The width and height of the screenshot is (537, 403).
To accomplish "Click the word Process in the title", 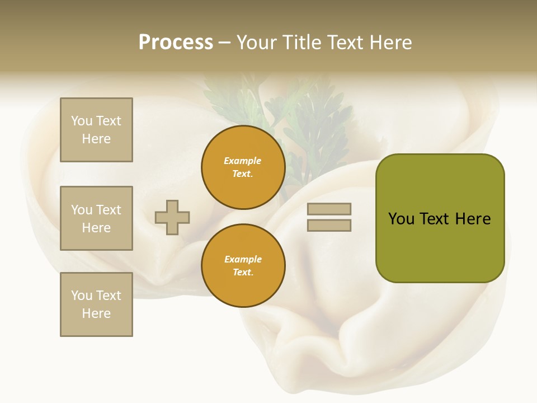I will click(176, 43).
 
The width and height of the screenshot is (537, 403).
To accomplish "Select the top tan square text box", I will click(96, 130).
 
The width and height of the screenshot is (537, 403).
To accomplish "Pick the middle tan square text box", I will click(96, 218).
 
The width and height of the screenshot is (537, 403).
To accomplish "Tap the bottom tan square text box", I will click(96, 304).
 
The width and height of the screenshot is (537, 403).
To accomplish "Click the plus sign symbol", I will click(172, 217).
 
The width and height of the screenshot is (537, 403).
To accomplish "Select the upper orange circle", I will click(243, 167).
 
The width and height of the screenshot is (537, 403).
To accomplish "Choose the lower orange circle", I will click(243, 266).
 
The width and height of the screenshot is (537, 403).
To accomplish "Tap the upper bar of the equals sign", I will click(329, 209).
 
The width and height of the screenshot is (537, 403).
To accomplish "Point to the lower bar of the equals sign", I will click(329, 225).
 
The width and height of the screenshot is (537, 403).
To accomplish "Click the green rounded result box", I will click(440, 218).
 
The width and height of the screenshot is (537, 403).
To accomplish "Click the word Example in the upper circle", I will click(243, 161).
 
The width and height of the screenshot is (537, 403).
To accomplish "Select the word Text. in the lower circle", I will click(243, 273).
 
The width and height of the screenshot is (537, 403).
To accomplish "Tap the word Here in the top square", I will click(96, 139).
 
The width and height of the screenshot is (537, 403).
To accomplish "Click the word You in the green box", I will click(402, 219).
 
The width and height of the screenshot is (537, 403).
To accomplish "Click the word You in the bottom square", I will click(82, 296).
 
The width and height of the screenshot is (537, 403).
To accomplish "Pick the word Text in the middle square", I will click(109, 210).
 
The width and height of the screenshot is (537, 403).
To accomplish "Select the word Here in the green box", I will click(473, 219).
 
